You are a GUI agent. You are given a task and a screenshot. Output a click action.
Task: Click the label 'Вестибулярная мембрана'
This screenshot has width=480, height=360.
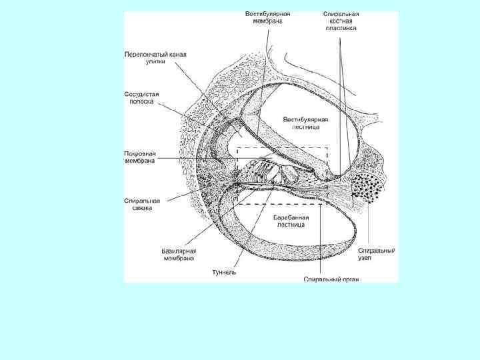click(x=267, y=17)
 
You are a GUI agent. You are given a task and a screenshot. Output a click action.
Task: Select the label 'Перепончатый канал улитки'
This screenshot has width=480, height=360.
click(x=151, y=57)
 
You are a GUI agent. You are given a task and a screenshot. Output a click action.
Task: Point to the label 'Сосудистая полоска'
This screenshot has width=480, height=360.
click(x=141, y=97)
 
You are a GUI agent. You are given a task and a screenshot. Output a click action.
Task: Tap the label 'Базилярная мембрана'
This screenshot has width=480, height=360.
click(x=179, y=254)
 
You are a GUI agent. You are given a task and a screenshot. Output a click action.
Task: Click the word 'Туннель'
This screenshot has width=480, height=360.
click(x=224, y=272)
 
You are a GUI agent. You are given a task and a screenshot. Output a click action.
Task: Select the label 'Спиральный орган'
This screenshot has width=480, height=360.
click(x=331, y=279)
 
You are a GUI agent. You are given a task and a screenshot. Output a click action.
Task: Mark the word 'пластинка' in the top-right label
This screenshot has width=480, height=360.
click(x=341, y=29)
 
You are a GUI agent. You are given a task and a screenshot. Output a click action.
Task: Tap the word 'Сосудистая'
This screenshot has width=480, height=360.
click(x=141, y=93)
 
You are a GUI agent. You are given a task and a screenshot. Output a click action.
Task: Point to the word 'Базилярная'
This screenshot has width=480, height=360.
click(x=179, y=250)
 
